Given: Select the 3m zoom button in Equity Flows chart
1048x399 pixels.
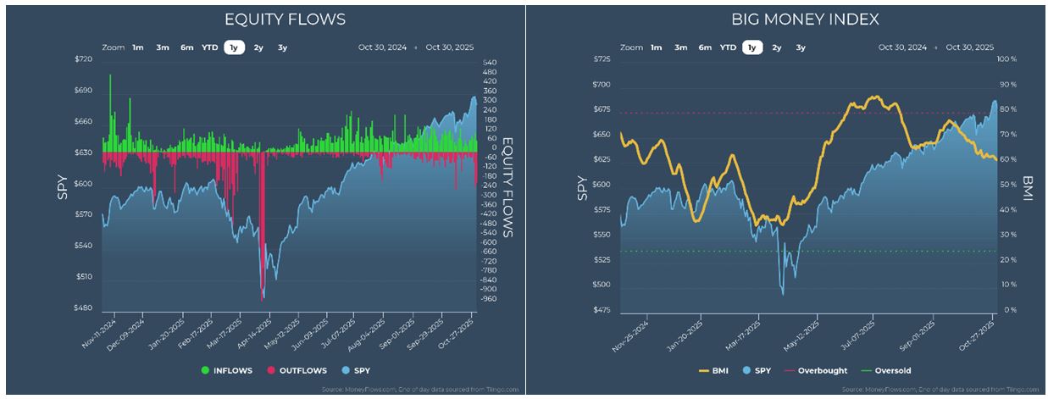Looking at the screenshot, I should point(162,48).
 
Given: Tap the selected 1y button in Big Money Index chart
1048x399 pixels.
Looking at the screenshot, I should point(750,48).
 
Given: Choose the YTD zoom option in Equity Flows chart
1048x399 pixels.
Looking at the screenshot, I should point(209,48).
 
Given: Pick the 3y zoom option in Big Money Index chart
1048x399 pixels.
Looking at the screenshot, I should point(800,48).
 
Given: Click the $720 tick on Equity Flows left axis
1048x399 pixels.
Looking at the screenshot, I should point(83,59).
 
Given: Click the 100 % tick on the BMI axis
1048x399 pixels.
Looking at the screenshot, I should point(1006,59).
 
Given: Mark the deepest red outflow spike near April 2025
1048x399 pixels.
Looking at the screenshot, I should point(263,292).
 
